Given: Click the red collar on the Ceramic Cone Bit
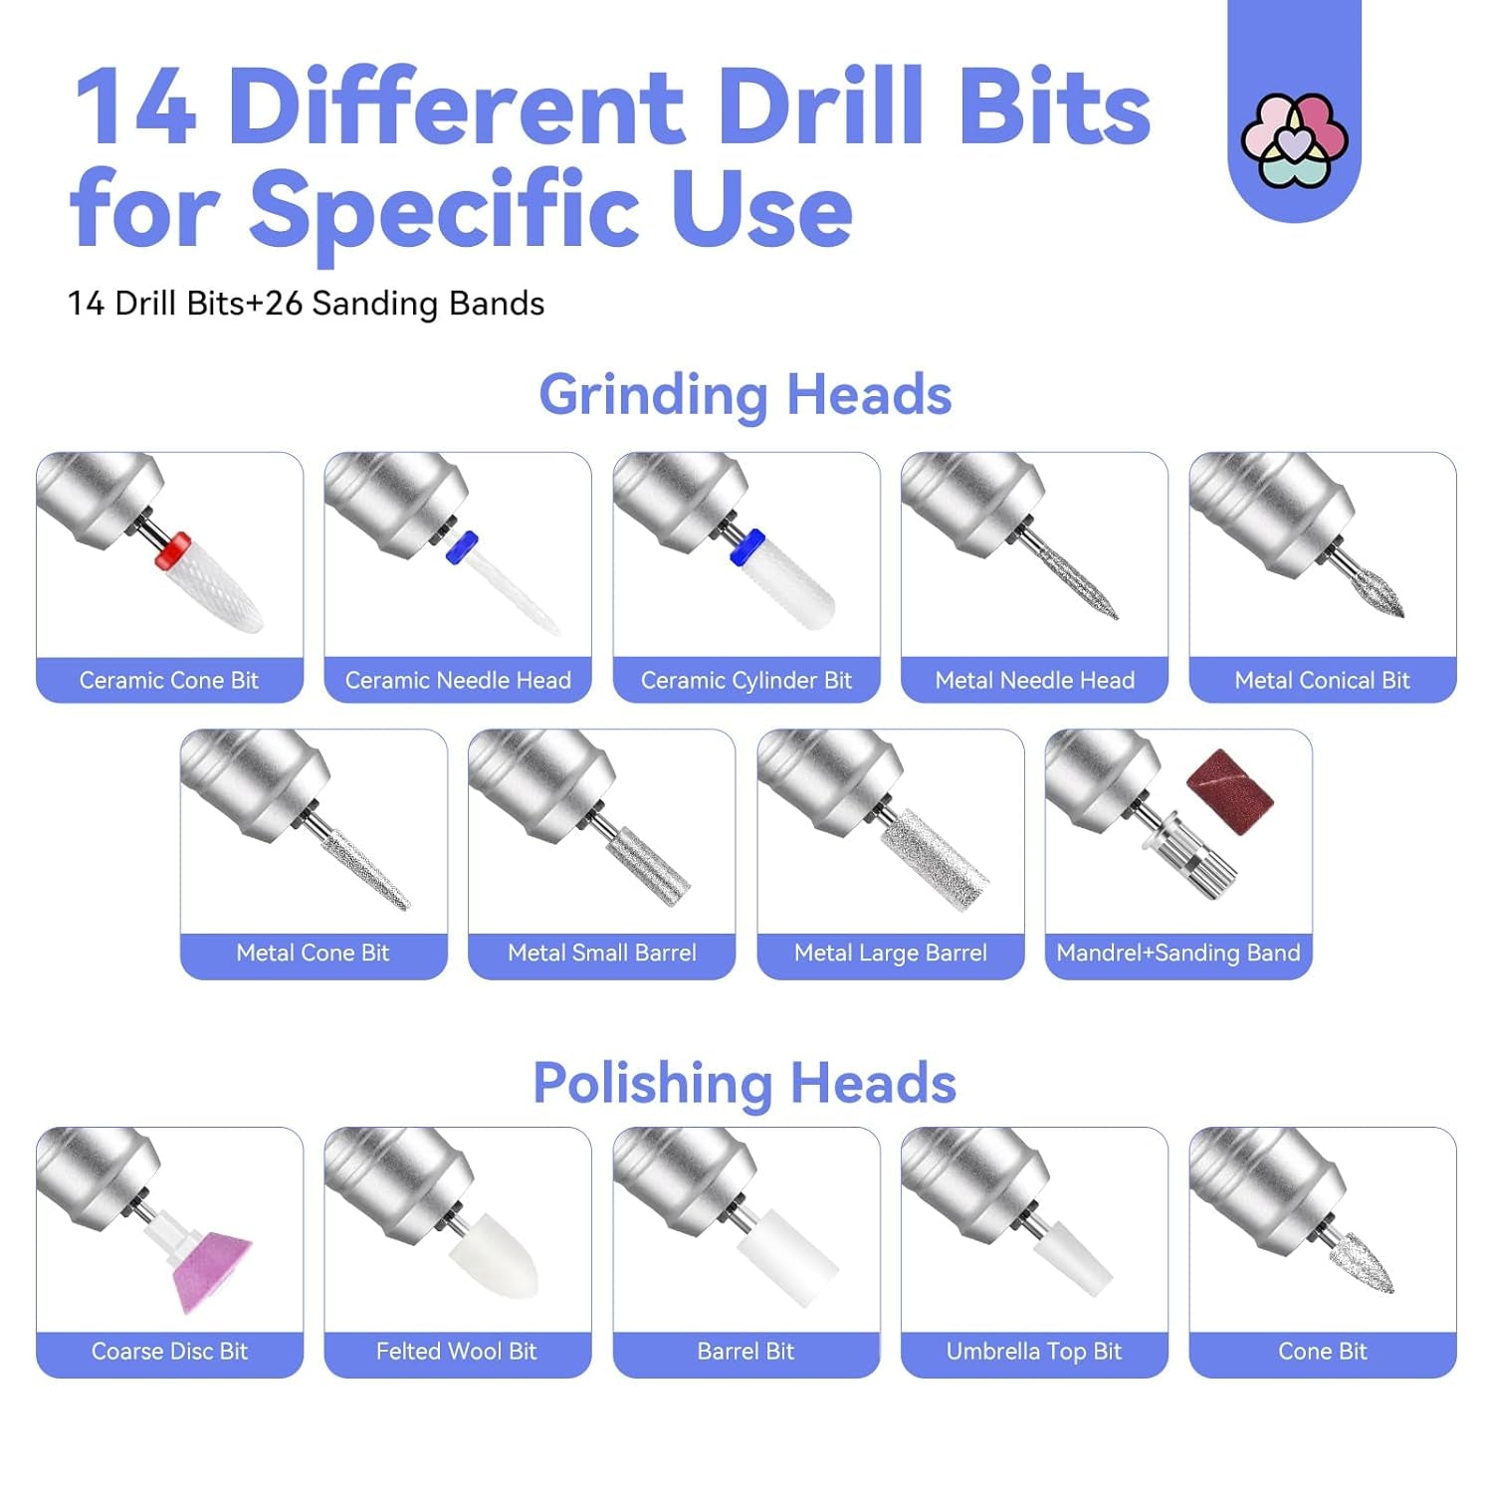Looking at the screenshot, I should click(173, 549).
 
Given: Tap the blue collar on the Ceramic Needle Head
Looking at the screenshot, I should click(462, 546).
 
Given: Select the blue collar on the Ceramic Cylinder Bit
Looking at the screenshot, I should click(746, 546).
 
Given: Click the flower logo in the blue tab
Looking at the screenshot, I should click(1294, 140).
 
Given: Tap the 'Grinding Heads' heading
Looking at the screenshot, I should click(746, 394).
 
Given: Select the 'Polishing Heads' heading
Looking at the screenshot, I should click(745, 1083).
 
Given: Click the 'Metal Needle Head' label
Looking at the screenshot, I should click(1034, 681).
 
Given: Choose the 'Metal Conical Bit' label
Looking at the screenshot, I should click(1322, 681).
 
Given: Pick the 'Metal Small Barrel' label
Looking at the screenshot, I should click(602, 954).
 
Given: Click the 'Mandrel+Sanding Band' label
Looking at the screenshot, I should click(1178, 954).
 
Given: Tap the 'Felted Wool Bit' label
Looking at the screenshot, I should click(457, 1352).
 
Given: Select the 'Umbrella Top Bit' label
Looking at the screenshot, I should click(1034, 1352).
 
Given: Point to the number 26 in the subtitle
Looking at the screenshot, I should click(284, 304).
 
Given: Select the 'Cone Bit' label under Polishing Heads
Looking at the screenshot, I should click(1322, 1352).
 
